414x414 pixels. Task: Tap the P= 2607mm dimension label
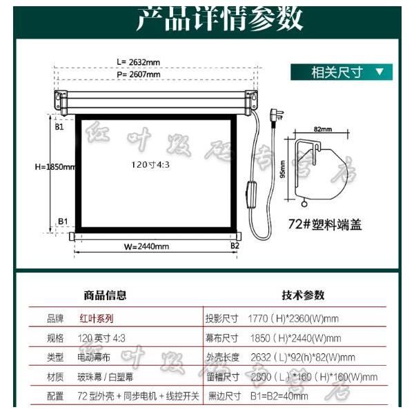pos(138,75)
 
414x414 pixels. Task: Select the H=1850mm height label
pos(55,166)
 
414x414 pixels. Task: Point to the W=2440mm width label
pos(146,246)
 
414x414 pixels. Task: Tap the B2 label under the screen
pos(235,245)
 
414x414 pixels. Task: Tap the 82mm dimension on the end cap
pos(322,129)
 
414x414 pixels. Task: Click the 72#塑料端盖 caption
pos(325,225)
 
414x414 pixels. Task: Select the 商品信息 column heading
pos(105,295)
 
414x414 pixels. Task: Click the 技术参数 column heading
pos(302,295)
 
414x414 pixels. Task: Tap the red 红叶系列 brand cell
pos(95,319)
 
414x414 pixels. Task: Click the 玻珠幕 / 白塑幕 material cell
pos(106,377)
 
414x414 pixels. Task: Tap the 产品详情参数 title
pos(219,19)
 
